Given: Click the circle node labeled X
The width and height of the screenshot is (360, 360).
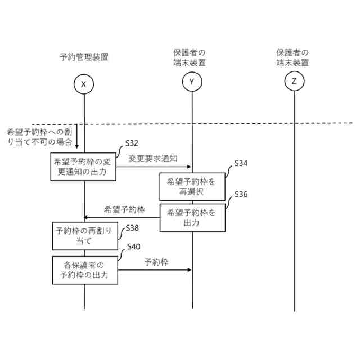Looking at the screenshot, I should (x=84, y=84).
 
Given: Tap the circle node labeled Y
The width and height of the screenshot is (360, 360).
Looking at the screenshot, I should (x=192, y=83).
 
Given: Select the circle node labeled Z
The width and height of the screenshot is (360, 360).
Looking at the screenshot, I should (x=294, y=82).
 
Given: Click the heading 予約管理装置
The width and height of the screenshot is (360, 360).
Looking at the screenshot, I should (x=84, y=56).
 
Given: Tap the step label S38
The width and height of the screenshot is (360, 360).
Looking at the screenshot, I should (x=132, y=228).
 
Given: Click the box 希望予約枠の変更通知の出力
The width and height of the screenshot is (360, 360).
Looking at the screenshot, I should (x=84, y=166).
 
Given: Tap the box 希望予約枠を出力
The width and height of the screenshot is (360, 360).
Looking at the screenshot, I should (x=191, y=218).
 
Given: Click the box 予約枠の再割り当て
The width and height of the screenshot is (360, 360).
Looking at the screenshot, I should (x=84, y=236).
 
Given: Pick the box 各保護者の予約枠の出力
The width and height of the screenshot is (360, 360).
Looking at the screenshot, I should (x=84, y=271).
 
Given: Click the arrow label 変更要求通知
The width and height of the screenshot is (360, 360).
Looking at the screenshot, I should (x=153, y=159).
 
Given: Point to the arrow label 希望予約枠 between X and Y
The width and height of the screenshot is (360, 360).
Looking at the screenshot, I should (x=125, y=210).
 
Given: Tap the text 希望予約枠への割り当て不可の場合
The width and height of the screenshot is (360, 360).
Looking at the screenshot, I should (x=39, y=137).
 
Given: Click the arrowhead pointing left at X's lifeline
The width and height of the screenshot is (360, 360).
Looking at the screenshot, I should (x=87, y=218).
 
